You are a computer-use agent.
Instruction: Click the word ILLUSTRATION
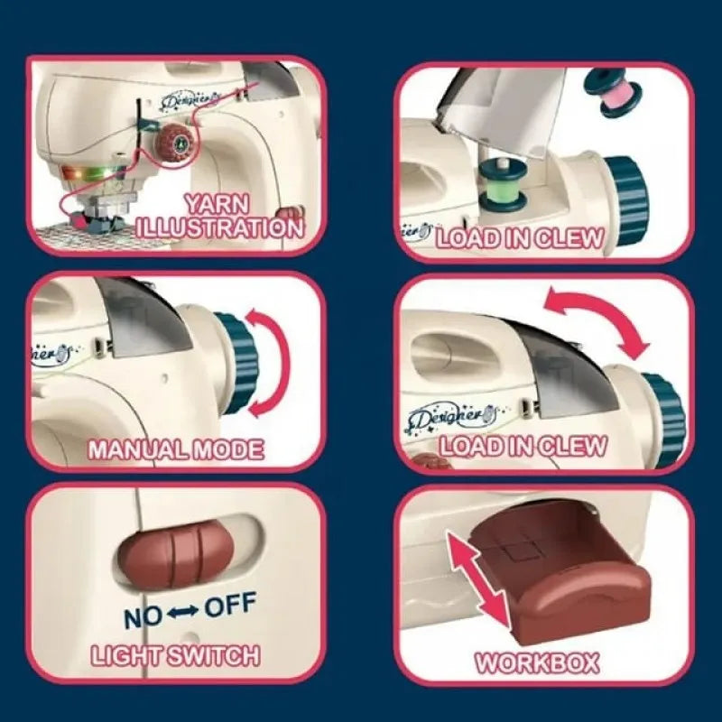tap(220, 227)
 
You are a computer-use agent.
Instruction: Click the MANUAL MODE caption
tap(175, 449)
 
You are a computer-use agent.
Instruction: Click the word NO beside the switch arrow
tap(143, 616)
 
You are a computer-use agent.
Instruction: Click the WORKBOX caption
tap(537, 663)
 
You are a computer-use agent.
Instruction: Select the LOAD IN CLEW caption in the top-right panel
tap(520, 238)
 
